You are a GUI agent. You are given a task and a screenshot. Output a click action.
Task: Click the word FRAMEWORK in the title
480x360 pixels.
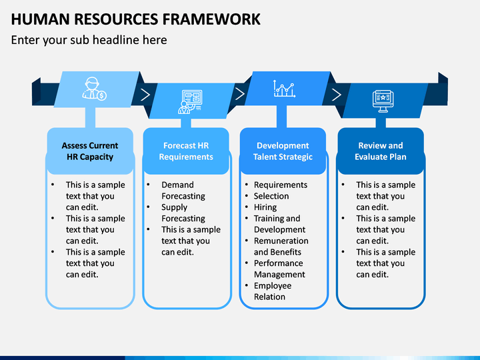tap(211, 19)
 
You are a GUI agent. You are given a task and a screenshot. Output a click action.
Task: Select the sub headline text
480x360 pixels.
tap(89, 40)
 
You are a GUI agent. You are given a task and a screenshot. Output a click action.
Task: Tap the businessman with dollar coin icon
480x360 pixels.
tap(94, 89)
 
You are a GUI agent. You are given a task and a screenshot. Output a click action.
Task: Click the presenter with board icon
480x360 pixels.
tap(190, 101)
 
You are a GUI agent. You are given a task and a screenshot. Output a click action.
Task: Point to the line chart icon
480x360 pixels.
tap(285, 89)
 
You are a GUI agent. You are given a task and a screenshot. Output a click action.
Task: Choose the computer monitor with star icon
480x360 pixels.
tap(383, 101)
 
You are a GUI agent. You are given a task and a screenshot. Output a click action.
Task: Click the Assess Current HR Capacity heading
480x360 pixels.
tap(90, 151)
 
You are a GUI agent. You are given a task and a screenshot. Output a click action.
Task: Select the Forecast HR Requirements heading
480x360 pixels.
tap(186, 151)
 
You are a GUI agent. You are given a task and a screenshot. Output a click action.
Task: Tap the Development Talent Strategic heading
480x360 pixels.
tap(283, 151)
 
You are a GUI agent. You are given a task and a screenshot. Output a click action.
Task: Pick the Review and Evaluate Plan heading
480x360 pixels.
tap(381, 151)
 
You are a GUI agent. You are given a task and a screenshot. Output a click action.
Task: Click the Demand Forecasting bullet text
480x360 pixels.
tap(183, 191)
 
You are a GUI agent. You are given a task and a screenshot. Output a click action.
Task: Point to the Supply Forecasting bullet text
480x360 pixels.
tap(183, 213)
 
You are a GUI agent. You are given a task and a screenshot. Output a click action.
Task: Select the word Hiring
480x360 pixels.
tap(265, 207)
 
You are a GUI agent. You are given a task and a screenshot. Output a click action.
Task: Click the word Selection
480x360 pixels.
tap(271, 196)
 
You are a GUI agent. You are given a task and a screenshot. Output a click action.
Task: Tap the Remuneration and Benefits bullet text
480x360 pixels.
tap(281, 247)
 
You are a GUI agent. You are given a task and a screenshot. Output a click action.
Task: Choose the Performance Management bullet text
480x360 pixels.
tap(279, 269)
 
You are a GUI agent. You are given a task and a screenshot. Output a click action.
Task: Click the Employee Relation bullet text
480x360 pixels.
tap(273, 291)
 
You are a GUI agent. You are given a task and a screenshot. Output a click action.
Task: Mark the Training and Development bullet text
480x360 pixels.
tap(279, 224)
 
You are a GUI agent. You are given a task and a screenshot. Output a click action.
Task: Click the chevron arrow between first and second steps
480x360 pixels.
tap(145, 95)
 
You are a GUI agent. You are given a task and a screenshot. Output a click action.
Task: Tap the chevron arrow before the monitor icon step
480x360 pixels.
tap(337, 95)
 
